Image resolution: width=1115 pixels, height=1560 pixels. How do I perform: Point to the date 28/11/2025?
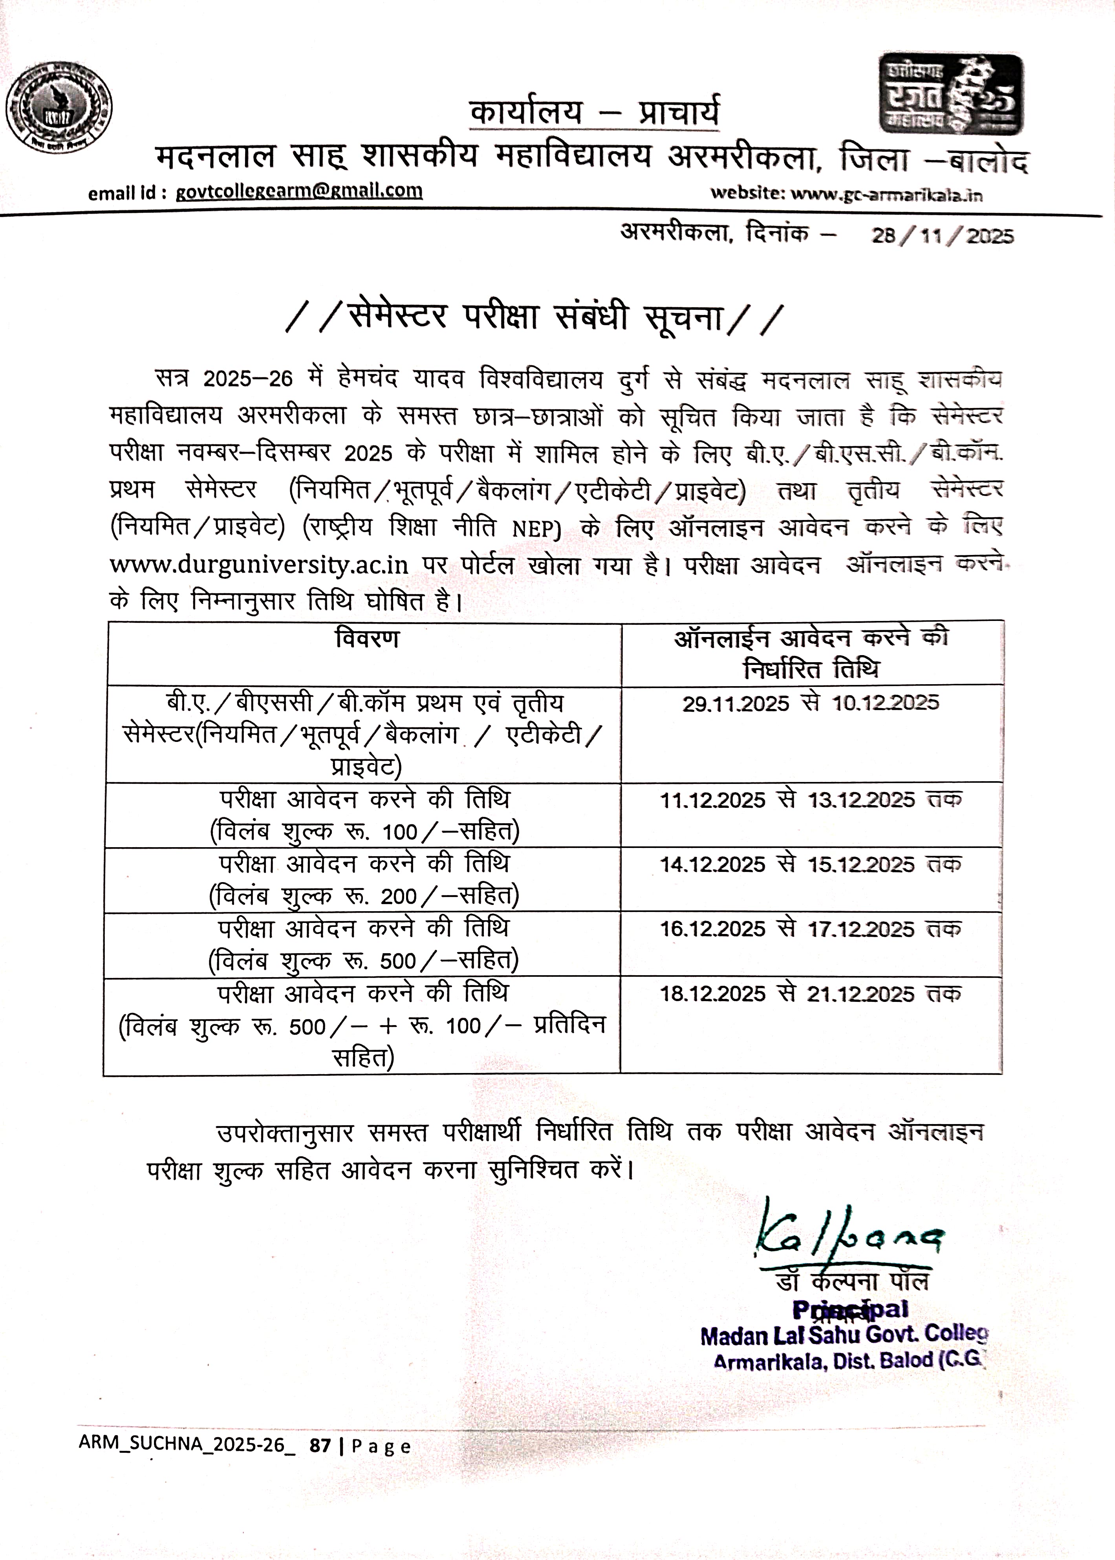point(942,236)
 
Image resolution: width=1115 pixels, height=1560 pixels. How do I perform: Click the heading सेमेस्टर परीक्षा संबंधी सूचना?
point(534,318)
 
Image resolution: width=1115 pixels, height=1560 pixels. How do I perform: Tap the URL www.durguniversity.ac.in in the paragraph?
point(259,565)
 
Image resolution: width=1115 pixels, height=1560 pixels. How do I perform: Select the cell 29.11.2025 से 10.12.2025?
point(810,703)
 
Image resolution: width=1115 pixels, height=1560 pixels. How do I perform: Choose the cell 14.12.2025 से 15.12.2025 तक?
point(810,864)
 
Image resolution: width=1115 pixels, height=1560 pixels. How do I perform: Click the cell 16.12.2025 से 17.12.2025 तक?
point(810,929)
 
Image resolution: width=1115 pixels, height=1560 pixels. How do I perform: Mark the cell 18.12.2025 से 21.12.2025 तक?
point(810,994)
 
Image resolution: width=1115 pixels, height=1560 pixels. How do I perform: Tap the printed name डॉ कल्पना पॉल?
point(852,1281)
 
